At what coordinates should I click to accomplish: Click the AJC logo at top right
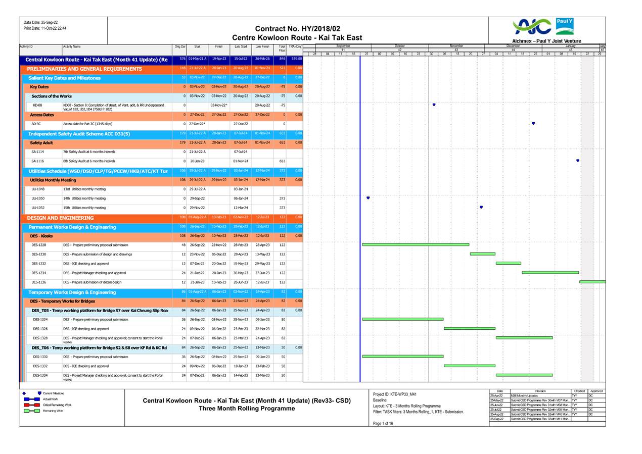[531, 27]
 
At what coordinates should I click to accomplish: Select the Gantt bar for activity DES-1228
[416, 244]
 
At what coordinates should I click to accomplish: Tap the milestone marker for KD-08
[434, 105]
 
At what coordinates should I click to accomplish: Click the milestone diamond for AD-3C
[533, 123]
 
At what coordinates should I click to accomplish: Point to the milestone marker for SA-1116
[578, 161]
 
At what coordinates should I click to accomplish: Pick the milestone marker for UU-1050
[368, 198]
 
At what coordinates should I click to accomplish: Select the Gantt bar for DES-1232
[508, 263]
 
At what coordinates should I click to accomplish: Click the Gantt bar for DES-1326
[470, 328]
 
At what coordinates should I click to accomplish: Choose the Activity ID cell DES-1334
[40, 375]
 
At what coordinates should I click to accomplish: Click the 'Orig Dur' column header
[180, 46]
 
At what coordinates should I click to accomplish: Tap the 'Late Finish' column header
[262, 46]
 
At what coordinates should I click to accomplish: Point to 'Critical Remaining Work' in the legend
[57, 405]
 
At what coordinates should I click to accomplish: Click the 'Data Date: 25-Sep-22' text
[40, 22]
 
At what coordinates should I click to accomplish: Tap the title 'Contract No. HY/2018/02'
[297, 29]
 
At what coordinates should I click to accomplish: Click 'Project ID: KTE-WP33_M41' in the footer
[394, 394]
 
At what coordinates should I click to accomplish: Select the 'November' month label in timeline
[456, 46]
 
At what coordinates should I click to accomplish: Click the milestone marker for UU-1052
[481, 207]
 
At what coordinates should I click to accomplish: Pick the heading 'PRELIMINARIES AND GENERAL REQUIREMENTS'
[84, 69]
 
